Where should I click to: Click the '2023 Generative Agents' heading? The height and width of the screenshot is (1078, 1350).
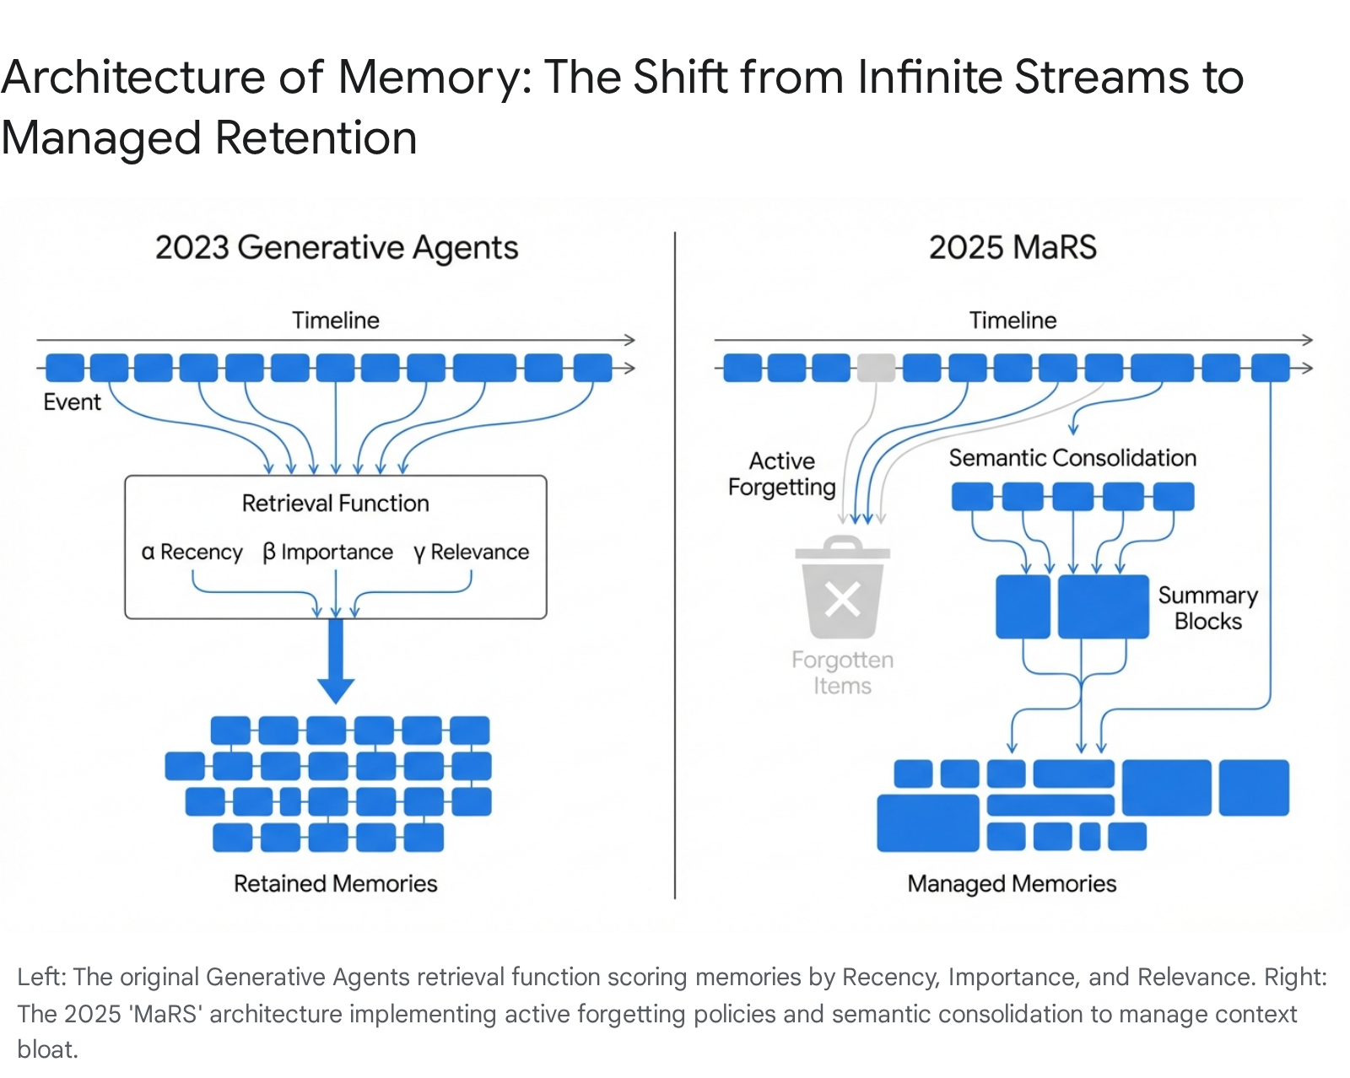tap(337, 248)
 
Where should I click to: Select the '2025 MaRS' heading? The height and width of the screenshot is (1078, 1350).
tap(1012, 248)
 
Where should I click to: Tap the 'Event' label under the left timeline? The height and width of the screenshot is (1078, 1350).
tap(72, 402)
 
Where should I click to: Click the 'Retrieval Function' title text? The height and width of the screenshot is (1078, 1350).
tap(335, 504)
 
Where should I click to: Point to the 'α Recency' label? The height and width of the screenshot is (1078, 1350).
tap(192, 552)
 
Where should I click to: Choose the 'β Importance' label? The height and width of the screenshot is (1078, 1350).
tap(327, 552)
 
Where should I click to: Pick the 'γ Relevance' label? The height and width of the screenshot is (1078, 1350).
tap(472, 552)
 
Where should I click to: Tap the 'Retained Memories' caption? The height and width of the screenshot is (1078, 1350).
tap(335, 884)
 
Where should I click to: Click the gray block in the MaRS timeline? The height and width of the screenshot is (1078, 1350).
tap(876, 368)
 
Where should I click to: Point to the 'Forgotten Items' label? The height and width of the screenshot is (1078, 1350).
tap(842, 672)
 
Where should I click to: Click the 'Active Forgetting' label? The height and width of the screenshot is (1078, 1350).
tap(782, 474)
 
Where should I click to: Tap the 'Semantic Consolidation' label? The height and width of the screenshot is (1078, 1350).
tap(1072, 458)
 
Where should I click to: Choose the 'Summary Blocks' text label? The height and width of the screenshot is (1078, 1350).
tap(1207, 608)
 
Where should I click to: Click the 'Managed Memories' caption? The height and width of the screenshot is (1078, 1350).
tap(1012, 884)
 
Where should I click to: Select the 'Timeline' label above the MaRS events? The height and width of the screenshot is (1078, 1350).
tap(1012, 321)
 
